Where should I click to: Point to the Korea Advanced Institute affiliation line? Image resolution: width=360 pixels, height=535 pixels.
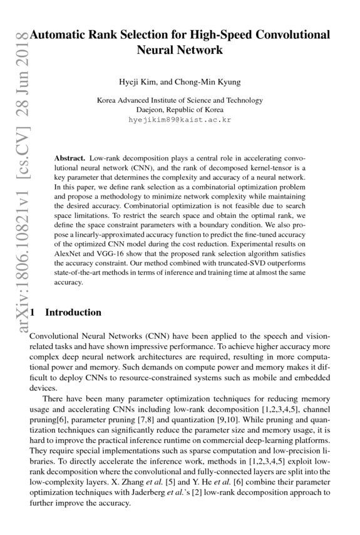coord(180,100)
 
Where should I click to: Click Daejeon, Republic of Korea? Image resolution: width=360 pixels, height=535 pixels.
coord(180,109)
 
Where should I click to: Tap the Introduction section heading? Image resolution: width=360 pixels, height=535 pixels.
coord(73,313)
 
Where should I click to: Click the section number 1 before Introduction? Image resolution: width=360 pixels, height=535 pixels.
coord(33,313)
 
